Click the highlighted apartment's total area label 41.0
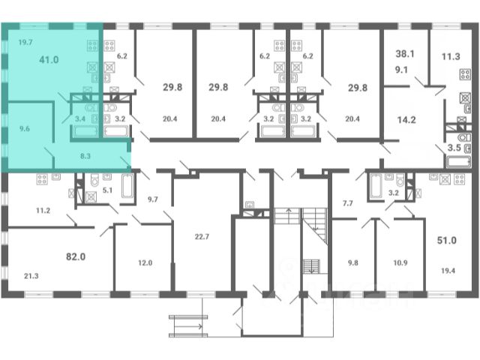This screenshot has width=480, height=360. [49, 60]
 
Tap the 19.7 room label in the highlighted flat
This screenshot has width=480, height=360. [25, 42]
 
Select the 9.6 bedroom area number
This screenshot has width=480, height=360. [25, 128]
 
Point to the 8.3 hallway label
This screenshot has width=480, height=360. [85, 156]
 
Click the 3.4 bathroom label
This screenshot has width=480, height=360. [80, 118]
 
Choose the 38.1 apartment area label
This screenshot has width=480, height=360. [405, 54]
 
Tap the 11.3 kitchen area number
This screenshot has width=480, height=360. [451, 57]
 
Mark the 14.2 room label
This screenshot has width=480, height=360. [406, 120]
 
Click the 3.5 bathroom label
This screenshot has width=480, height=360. [454, 148]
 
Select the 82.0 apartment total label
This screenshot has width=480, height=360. [76, 256]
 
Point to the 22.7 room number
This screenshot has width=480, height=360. [202, 237]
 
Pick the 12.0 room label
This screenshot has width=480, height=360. [145, 263]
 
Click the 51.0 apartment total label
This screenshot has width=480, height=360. [447, 240]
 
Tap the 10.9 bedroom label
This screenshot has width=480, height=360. [400, 263]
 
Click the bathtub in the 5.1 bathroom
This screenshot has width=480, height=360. [127, 186]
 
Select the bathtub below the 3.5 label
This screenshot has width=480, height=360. [458, 162]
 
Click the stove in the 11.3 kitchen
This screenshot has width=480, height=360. [465, 74]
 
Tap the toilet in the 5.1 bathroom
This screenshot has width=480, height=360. [94, 180]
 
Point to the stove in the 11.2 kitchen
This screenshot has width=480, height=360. [42, 179]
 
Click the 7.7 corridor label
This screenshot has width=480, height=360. [348, 203]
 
